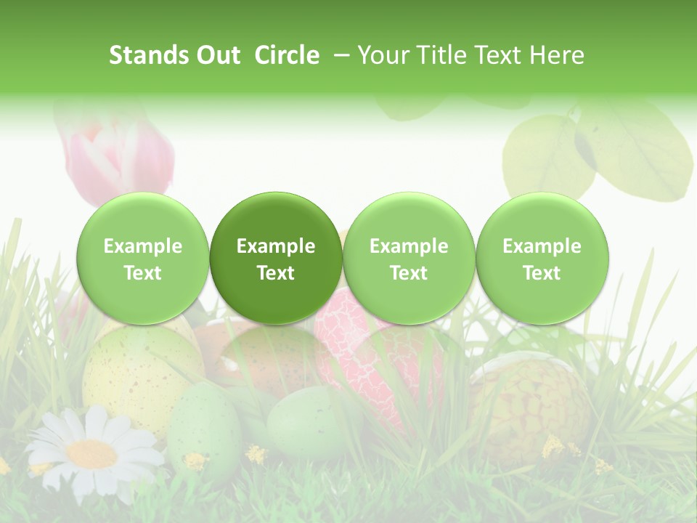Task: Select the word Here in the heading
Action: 557,55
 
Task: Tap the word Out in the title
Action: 218,55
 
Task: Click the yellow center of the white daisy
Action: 91,454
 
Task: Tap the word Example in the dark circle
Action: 276,246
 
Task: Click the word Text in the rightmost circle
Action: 542,273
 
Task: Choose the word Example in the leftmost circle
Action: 142,246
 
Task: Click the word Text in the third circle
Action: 409,273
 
